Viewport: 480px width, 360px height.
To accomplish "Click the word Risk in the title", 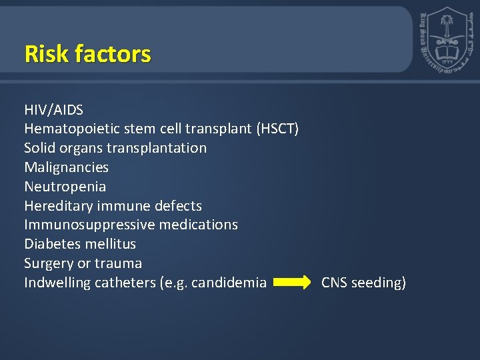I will point(45,53).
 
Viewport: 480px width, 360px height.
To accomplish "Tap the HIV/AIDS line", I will point(53,109).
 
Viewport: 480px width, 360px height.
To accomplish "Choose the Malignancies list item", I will point(66,167).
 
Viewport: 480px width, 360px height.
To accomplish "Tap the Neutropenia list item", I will point(65,187).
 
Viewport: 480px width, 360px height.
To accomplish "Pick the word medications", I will point(197,225).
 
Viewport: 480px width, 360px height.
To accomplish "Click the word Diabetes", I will point(52,244).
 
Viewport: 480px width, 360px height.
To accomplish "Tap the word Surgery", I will point(49,263).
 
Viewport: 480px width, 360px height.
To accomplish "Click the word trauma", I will point(118,263).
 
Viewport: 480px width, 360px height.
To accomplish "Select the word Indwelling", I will point(57,283).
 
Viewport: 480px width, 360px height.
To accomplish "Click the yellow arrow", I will point(293,283).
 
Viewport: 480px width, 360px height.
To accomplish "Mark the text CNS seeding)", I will point(363,283).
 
